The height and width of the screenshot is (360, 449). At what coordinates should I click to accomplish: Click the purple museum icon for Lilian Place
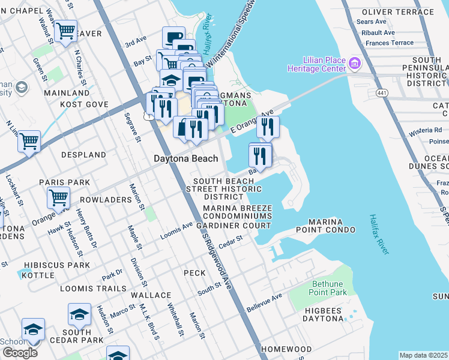(x=354, y=63)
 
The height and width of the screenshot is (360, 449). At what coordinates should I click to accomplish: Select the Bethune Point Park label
(x=330, y=288)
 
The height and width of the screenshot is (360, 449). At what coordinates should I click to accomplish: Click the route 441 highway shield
(x=382, y=93)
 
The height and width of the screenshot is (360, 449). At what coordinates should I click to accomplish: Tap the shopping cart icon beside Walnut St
(x=65, y=29)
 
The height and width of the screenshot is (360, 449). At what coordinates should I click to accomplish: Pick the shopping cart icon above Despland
(x=29, y=142)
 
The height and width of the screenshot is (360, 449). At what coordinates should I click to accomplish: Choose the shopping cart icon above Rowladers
(x=58, y=196)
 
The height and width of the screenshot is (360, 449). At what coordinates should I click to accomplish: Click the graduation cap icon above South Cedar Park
(x=79, y=314)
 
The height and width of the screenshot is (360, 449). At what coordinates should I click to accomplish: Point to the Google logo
(x=20, y=353)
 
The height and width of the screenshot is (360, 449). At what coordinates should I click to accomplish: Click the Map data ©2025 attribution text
(x=423, y=355)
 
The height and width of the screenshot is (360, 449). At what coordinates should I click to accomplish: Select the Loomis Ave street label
(x=176, y=232)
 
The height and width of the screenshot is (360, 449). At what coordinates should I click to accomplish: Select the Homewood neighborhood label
(x=286, y=349)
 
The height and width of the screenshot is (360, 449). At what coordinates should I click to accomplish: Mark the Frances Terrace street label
(x=390, y=43)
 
